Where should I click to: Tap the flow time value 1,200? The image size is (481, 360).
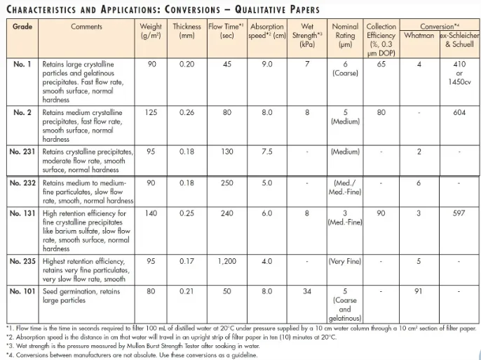tap(226, 261)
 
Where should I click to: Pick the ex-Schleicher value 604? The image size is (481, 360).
tap(459, 112)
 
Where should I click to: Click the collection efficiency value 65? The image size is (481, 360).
tap(381, 64)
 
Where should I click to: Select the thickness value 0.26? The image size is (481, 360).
tap(187, 112)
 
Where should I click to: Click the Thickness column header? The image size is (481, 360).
tap(187, 31)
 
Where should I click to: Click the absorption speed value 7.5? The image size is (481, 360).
tap(267, 152)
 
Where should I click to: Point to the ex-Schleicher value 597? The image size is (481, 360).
tap(459, 213)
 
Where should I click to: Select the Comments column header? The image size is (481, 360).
tap(86, 26)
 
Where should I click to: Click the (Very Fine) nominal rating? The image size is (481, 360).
tap(345, 261)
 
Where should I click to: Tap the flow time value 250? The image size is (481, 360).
tap(226, 182)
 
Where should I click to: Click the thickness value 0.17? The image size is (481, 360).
tap(187, 261)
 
